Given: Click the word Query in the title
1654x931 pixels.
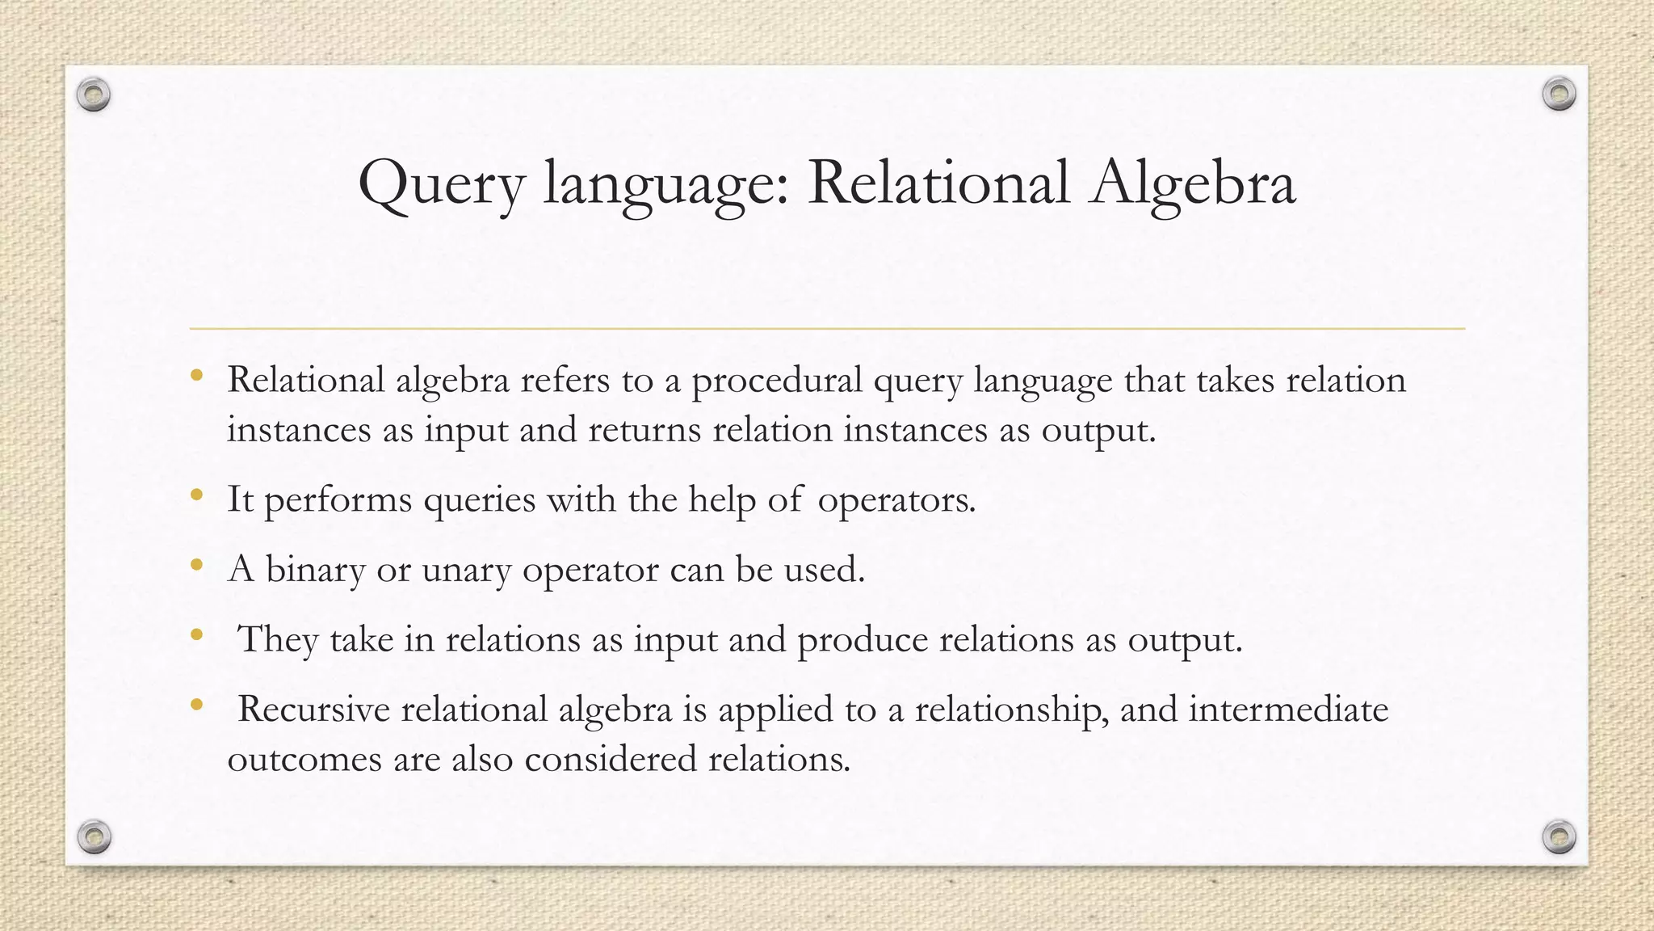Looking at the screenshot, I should point(441,184).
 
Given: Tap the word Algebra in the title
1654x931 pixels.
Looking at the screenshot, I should point(1192,184).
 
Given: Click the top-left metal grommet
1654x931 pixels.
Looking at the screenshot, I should point(94,95).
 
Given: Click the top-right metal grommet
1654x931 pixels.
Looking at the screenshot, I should point(1559,95).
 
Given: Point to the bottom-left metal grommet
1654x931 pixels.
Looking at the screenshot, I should point(94,836).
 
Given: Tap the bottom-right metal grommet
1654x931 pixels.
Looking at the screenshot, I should point(1559,836).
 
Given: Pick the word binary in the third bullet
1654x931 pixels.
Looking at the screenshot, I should point(316,571).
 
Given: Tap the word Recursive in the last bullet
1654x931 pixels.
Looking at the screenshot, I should point(313,710).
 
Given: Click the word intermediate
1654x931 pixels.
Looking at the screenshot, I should point(1288,710).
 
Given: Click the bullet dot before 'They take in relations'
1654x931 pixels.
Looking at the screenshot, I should point(196,635).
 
